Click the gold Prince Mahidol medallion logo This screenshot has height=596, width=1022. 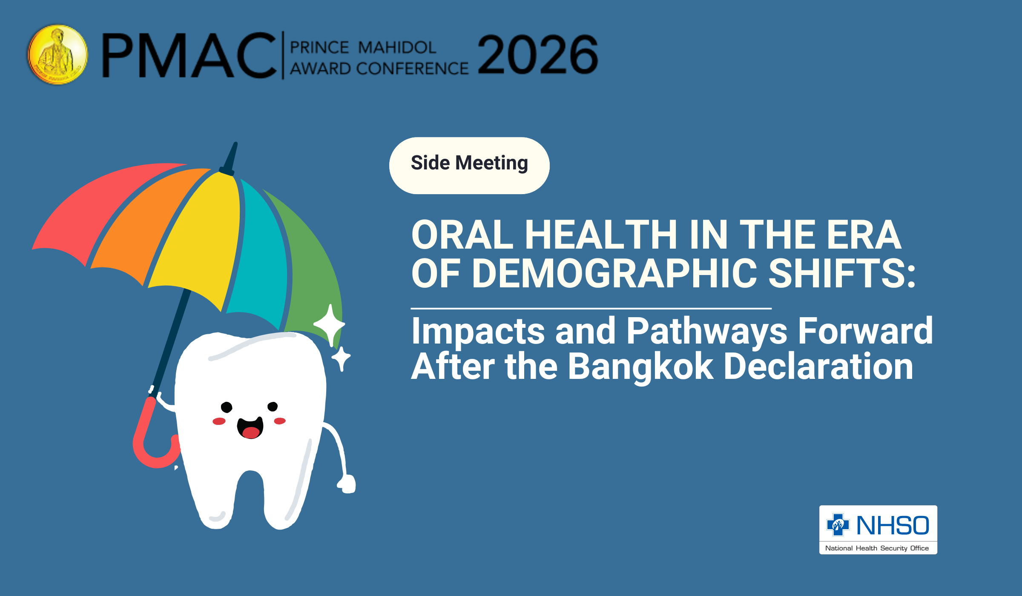(58, 54)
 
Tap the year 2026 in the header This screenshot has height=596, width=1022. (538, 54)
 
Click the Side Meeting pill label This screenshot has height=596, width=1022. (469, 165)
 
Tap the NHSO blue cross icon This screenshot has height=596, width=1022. (838, 524)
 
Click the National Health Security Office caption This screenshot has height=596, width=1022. (877, 548)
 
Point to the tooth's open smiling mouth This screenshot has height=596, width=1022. (250, 428)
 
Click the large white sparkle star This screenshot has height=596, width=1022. (330, 325)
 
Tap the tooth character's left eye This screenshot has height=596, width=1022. (227, 407)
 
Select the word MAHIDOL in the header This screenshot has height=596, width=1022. (397, 47)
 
